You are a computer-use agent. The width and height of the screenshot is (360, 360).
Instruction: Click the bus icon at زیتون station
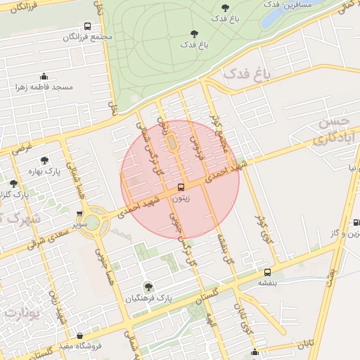(181, 188)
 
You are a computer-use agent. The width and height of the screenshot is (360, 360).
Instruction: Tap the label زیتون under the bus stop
(181, 199)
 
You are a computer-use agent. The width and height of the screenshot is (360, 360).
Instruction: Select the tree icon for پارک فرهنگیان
(148, 286)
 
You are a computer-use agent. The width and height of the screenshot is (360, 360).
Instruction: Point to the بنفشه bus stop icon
(267, 272)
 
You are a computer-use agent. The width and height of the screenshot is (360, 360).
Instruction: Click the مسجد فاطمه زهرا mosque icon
(44, 76)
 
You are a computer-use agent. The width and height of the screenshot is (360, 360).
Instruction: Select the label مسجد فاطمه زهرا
(44, 88)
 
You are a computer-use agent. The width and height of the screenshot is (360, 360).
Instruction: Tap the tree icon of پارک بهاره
(45, 160)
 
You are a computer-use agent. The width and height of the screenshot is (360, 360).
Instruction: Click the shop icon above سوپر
(79, 214)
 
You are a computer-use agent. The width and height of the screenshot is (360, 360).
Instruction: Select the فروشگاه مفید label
(80, 347)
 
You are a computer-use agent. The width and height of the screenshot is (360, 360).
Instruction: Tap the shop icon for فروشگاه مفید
(80, 335)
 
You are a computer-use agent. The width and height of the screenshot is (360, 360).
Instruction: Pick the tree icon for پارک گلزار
(13, 184)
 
